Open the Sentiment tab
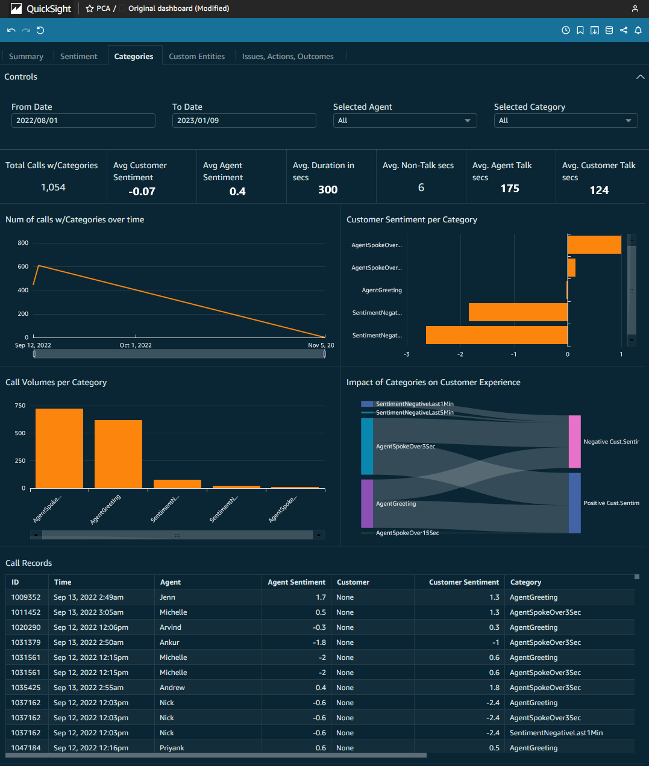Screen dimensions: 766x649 pyautogui.click(x=78, y=57)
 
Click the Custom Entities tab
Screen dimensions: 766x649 pyautogui.click(x=196, y=57)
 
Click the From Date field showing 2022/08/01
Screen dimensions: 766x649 pyautogui.click(x=83, y=121)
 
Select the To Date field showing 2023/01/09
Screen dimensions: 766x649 pyautogui.click(x=244, y=121)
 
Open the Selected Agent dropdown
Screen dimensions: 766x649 pyautogui.click(x=405, y=121)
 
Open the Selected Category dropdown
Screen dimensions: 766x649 pyautogui.click(x=566, y=121)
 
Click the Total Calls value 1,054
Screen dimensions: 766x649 pyautogui.click(x=53, y=187)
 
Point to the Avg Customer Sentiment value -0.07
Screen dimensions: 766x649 pyautogui.click(x=142, y=192)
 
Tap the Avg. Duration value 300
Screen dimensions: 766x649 pyautogui.click(x=328, y=190)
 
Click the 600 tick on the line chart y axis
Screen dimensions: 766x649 pyautogui.click(x=23, y=266)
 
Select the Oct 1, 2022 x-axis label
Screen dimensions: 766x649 pyautogui.click(x=136, y=345)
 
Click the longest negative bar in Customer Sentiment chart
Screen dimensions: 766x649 pyautogui.click(x=497, y=335)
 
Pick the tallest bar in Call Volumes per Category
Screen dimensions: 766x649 pyautogui.click(x=59, y=448)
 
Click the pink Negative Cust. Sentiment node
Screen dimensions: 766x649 pyautogui.click(x=575, y=442)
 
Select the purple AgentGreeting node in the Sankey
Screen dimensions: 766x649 pyautogui.click(x=367, y=504)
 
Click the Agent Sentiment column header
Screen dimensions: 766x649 pyautogui.click(x=296, y=582)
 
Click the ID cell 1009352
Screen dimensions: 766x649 pyautogui.click(x=26, y=597)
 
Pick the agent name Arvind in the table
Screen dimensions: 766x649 pyautogui.click(x=171, y=627)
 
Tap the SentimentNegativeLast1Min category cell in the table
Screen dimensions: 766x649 pyautogui.click(x=556, y=733)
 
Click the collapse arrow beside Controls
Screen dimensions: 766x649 pyautogui.click(x=640, y=77)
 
